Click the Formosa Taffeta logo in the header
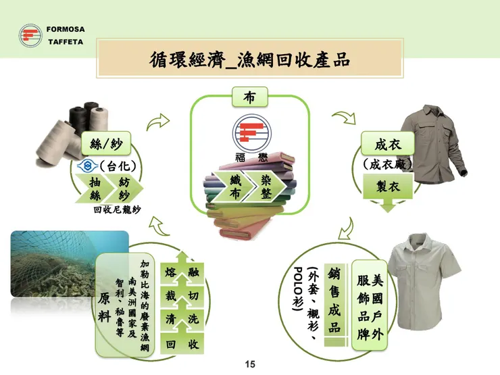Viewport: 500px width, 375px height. click(30, 35)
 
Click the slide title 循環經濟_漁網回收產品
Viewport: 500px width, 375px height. click(250, 59)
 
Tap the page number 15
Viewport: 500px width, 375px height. click(250, 364)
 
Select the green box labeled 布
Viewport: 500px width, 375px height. click(250, 97)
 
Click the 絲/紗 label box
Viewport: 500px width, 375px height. click(106, 144)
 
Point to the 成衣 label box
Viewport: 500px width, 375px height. click(387, 144)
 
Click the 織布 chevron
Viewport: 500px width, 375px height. click(233, 186)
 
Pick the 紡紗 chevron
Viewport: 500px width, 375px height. click(124, 189)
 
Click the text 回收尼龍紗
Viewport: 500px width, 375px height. click(117, 209)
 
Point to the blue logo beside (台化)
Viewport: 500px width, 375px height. click(88, 166)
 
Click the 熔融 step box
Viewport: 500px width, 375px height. click(182, 269)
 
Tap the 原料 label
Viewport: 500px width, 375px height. click(104, 307)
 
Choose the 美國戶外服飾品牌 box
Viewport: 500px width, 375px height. click(370, 305)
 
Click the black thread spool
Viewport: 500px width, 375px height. click(78, 120)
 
